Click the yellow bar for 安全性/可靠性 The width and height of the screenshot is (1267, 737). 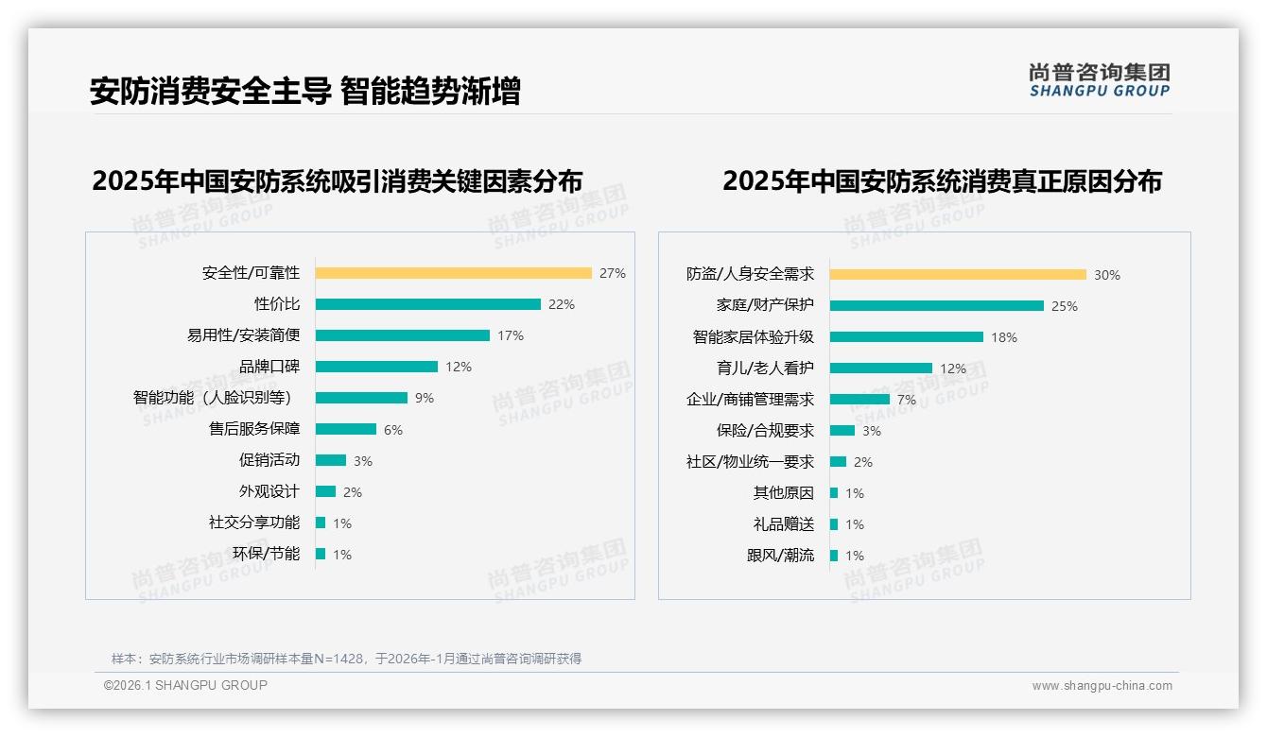tap(453, 273)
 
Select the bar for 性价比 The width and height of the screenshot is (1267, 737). tap(427, 304)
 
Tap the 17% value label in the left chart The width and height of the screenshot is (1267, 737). tap(511, 335)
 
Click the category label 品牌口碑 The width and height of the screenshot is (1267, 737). tap(269, 367)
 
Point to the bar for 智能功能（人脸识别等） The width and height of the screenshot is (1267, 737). tap(361, 398)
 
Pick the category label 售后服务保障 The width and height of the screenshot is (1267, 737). tap(254, 429)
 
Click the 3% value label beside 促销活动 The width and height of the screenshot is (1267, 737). tap(363, 461)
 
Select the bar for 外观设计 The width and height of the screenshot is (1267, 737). tap(325, 491)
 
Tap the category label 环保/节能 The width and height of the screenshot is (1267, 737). tap(266, 554)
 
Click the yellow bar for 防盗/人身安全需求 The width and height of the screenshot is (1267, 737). tap(958, 275)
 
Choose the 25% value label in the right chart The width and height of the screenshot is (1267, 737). tap(1065, 306)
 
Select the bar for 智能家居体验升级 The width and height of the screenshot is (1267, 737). tap(906, 337)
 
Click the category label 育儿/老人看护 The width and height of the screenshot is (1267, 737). tap(765, 368)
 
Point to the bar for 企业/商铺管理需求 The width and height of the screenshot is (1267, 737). tap(859, 400)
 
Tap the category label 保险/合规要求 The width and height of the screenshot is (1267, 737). tap(765, 431)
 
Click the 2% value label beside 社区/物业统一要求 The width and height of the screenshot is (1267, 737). tap(862, 462)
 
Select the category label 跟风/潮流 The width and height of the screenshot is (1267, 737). tap(780, 556)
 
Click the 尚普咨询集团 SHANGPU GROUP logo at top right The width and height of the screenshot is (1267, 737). tap(1100, 80)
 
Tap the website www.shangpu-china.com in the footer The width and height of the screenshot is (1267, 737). tap(1102, 686)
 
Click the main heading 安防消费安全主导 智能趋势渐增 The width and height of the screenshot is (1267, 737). tap(304, 92)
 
